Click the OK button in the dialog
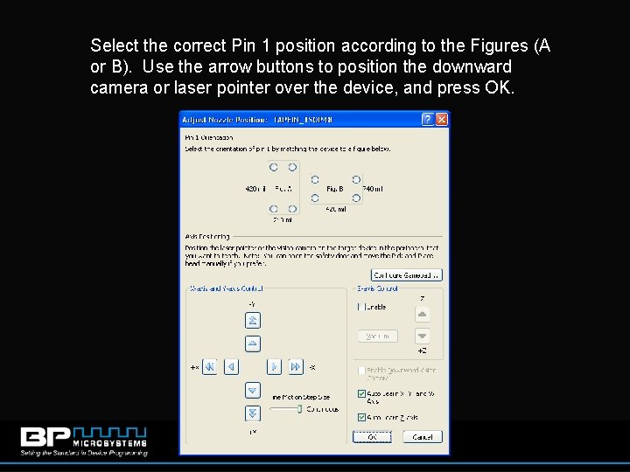point(372,436)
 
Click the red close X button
point(441,119)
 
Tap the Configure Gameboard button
point(408,274)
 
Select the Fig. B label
point(334,188)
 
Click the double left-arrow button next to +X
point(210,367)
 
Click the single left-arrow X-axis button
point(230,367)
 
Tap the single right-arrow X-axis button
point(275,367)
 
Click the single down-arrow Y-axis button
point(253,390)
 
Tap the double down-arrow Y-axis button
point(253,412)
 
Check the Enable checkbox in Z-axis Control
point(361,307)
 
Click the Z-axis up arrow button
point(423,314)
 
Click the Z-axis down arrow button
point(423,336)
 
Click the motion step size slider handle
point(298,408)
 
